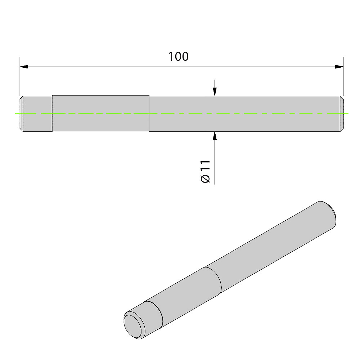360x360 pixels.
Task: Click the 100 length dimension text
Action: point(179,57)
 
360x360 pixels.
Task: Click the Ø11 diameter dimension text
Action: point(206,171)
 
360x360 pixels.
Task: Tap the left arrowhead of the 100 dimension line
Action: point(24,67)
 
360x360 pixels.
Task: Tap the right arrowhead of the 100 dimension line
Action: point(339,67)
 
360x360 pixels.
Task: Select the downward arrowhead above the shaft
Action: point(215,91)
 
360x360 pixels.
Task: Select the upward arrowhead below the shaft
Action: point(215,136)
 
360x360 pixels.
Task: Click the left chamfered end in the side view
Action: point(22,114)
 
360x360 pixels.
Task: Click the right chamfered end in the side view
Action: point(342,114)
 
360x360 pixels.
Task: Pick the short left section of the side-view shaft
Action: point(38,114)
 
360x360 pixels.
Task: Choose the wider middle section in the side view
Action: point(101,113)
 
